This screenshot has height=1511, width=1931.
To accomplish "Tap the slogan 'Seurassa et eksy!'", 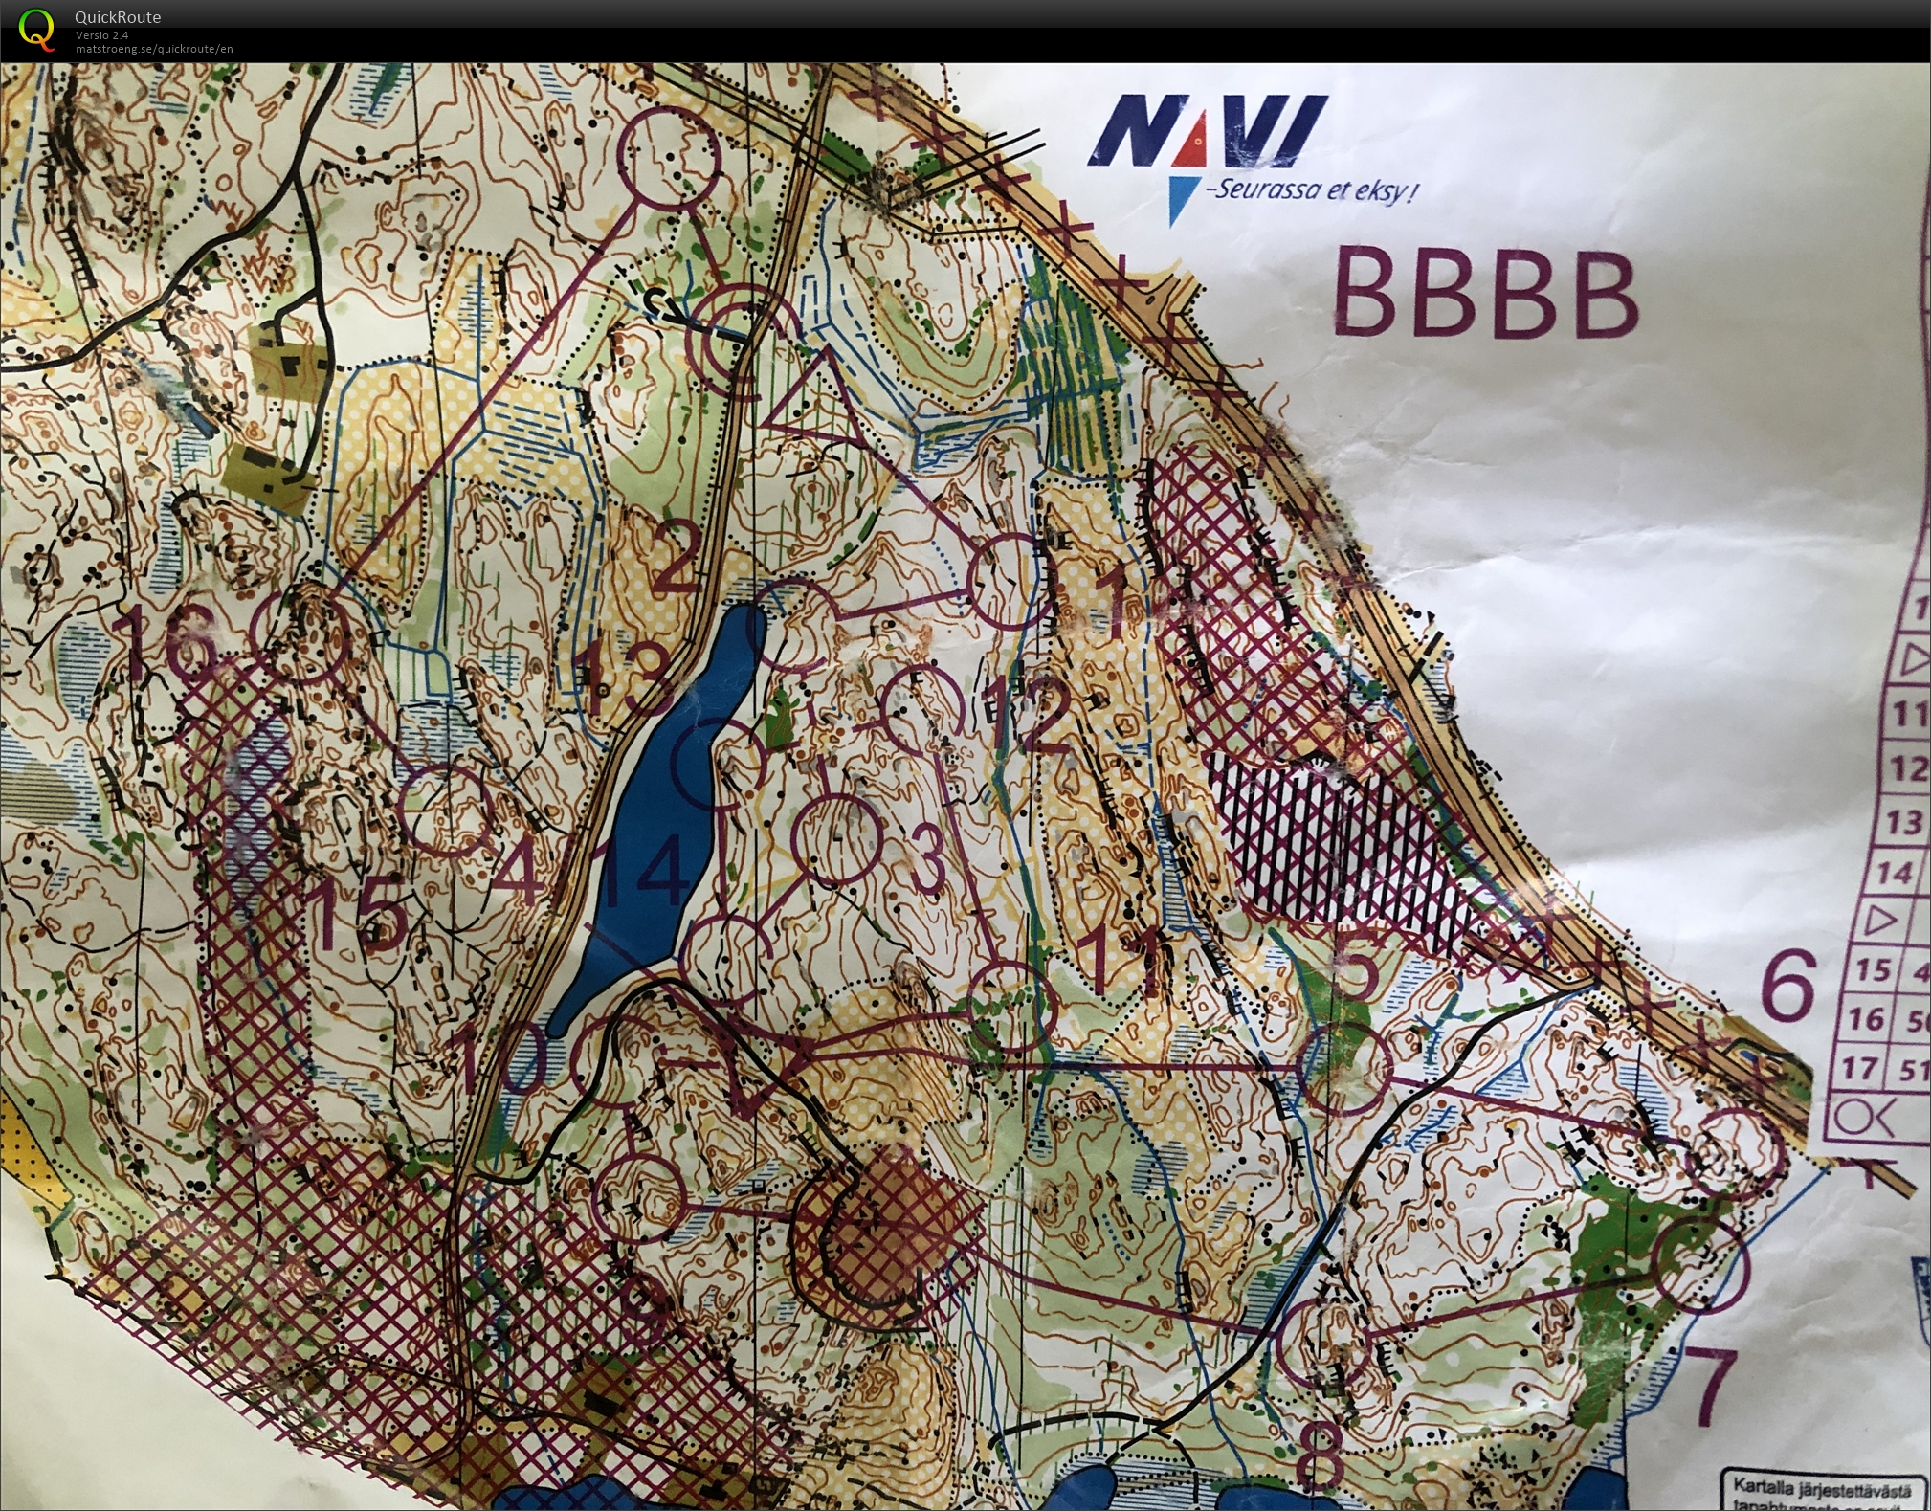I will [1311, 190].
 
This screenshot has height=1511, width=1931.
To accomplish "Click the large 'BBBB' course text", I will [1484, 293].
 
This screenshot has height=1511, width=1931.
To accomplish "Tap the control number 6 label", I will [1787, 985].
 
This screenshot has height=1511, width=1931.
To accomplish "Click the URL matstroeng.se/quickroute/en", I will [154, 49].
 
